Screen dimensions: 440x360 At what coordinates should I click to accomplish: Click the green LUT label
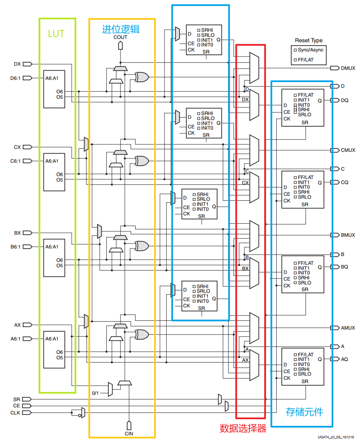pyautogui.click(x=56, y=34)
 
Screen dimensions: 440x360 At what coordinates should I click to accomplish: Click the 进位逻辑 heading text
pyautogui.click(x=121, y=29)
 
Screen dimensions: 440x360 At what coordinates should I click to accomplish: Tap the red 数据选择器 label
pyautogui.click(x=243, y=428)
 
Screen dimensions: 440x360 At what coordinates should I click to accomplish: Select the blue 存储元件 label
pyautogui.click(x=304, y=412)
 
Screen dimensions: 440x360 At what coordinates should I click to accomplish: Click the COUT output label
pyautogui.click(x=120, y=37)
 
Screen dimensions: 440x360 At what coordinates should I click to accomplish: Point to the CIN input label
pyautogui.click(x=129, y=434)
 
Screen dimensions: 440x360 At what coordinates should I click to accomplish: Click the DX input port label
pyautogui.click(x=17, y=64)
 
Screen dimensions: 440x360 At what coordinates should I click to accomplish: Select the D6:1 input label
pyautogui.click(x=15, y=78)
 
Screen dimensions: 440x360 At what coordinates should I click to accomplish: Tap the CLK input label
pyautogui.click(x=15, y=413)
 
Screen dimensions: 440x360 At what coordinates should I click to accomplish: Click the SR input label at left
pyautogui.click(x=16, y=399)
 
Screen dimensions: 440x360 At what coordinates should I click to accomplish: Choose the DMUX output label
pyautogui.click(x=348, y=68)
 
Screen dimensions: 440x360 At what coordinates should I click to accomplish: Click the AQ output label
pyautogui.click(x=344, y=359)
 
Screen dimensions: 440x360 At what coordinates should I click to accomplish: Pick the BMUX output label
pyautogui.click(x=348, y=235)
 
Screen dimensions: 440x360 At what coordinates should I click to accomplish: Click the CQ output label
pyautogui.click(x=345, y=182)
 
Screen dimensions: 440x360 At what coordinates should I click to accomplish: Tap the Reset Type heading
pyautogui.click(x=309, y=41)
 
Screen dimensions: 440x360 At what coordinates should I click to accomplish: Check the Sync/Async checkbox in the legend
pyautogui.click(x=295, y=50)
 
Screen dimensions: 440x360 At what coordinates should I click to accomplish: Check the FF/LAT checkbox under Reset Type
pyautogui.click(x=295, y=60)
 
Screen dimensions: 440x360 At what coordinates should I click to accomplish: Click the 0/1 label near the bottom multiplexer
pyautogui.click(x=96, y=393)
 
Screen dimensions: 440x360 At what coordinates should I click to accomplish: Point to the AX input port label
pyautogui.click(x=17, y=325)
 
